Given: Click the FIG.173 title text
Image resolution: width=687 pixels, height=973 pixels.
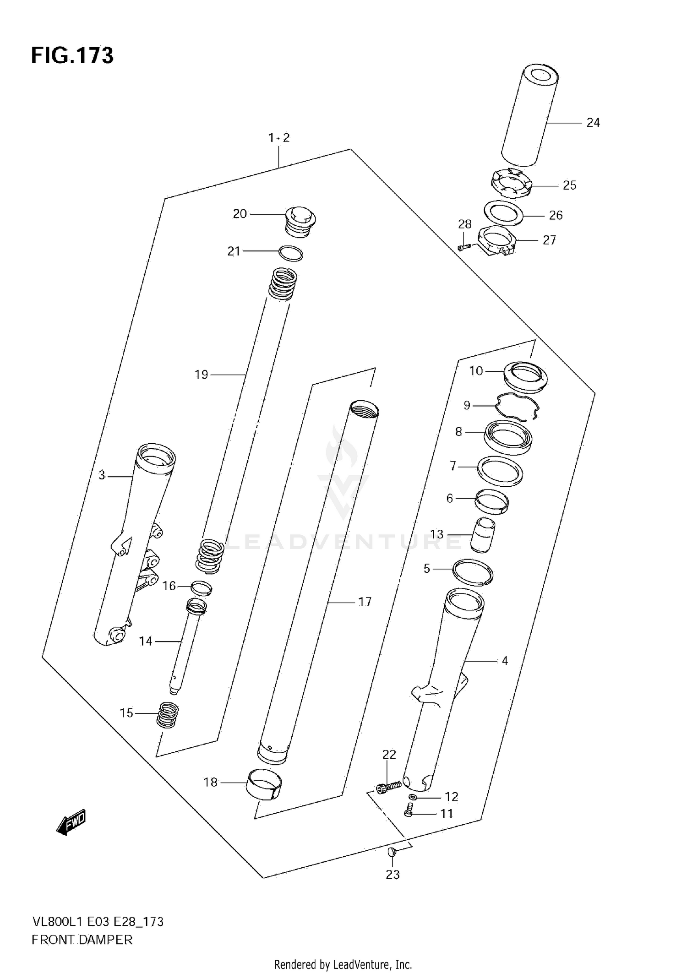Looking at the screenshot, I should click(x=72, y=56).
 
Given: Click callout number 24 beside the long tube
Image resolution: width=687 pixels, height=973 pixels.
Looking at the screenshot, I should click(x=593, y=123).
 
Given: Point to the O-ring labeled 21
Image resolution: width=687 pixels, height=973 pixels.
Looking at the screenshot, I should click(x=291, y=253).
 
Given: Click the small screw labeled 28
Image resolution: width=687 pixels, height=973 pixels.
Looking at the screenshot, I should click(x=464, y=247).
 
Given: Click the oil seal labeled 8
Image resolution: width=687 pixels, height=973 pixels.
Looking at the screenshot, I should click(x=508, y=437).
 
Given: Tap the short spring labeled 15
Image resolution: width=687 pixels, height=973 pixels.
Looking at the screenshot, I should click(x=168, y=715).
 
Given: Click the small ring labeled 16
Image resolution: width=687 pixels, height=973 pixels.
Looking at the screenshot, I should click(x=201, y=587).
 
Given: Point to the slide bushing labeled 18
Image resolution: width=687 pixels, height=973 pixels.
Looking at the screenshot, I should click(x=264, y=786).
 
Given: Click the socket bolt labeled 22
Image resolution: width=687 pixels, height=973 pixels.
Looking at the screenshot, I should click(x=388, y=787).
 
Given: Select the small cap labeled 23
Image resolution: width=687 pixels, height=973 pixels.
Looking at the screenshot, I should click(x=392, y=852).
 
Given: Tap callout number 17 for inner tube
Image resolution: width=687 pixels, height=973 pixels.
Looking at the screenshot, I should click(x=365, y=602).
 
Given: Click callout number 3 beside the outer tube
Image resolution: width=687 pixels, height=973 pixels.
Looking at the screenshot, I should click(x=102, y=475).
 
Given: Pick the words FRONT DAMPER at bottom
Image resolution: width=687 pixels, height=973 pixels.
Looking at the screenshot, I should click(x=82, y=940).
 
